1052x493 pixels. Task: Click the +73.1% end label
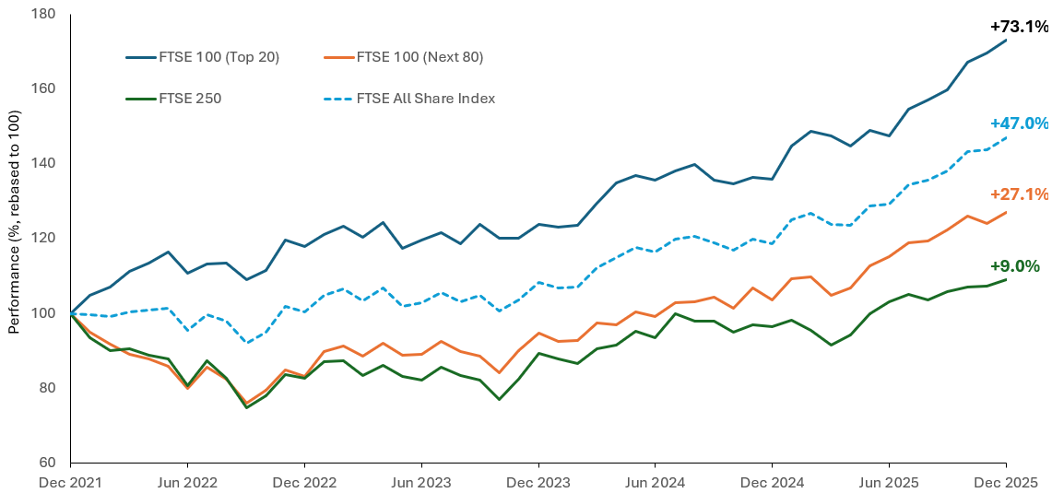[1019, 27]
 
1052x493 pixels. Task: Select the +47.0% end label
[1019, 123]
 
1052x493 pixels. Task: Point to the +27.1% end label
[1019, 194]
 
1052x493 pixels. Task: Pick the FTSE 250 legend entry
[189, 98]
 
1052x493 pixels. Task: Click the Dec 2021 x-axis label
[71, 482]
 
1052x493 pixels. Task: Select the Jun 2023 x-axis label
[420, 482]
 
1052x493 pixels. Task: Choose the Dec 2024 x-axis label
[772, 482]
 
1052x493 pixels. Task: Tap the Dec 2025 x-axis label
[1005, 482]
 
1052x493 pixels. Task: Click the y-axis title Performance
[15, 238]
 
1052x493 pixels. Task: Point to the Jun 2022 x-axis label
[187, 482]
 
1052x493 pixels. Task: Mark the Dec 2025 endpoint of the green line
[1005, 279]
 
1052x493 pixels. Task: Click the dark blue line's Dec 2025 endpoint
[1005, 40]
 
